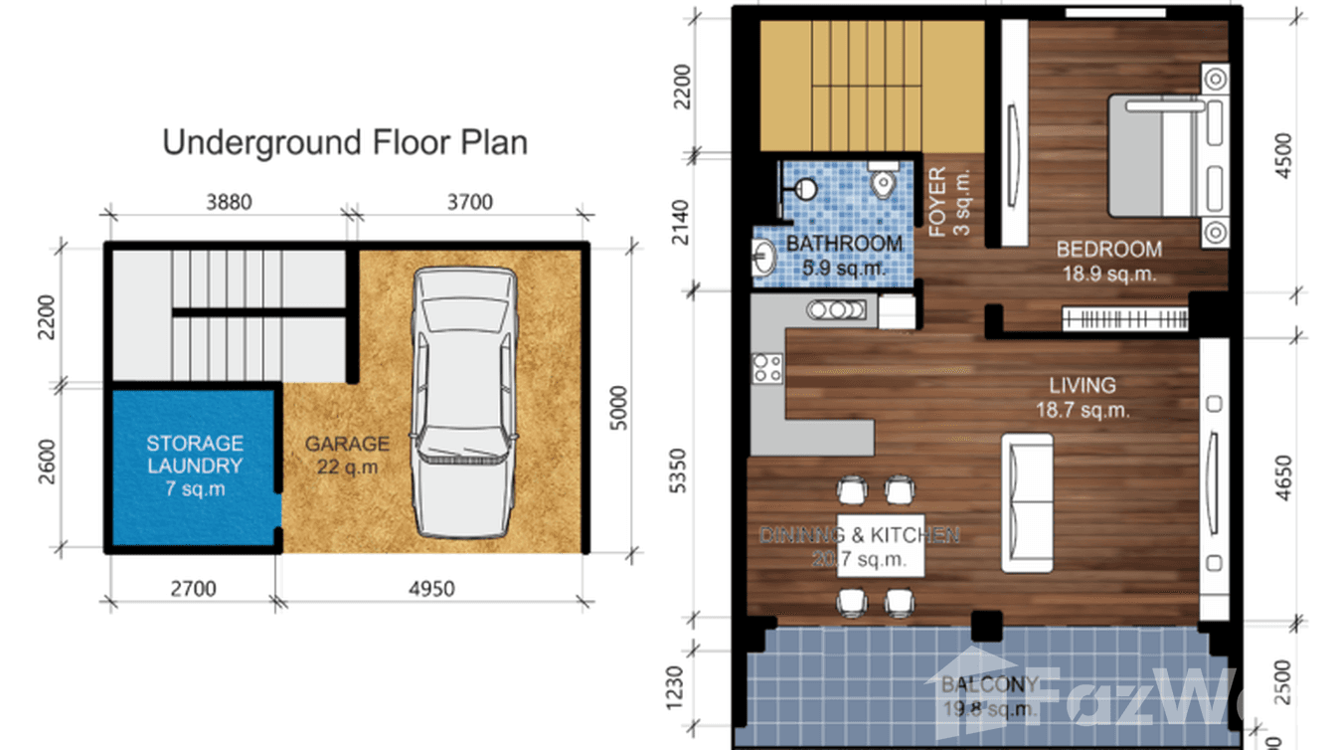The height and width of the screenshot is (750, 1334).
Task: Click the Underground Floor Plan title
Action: (345, 142)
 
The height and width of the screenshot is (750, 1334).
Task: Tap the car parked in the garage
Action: (465, 400)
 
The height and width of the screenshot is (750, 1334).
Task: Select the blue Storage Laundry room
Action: (194, 466)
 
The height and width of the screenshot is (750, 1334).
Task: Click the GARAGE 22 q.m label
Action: (346, 456)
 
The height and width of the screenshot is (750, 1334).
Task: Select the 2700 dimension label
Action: (192, 589)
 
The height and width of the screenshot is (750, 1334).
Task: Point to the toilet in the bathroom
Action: (882, 180)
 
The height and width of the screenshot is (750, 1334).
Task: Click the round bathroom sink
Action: (764, 258)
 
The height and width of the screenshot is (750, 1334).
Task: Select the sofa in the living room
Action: (1026, 501)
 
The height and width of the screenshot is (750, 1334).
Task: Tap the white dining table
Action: (881, 546)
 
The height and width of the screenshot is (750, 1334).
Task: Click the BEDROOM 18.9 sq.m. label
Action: (1108, 261)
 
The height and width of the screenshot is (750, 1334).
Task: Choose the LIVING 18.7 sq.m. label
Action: (1083, 396)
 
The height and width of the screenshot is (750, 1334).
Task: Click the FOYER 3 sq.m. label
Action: (948, 203)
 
